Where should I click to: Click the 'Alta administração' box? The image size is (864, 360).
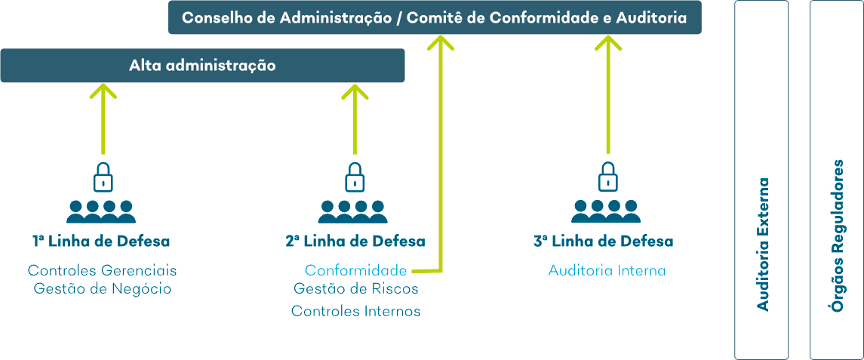tap(203, 66)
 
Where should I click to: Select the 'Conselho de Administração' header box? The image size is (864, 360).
tap(435, 17)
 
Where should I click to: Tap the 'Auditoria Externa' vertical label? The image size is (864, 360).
tap(763, 245)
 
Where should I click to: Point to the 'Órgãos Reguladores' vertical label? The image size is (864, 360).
tap(838, 236)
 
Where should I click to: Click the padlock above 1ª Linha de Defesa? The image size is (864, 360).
tap(102, 177)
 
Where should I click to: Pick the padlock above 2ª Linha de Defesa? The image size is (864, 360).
tap(355, 177)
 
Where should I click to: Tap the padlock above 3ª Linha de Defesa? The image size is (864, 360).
tap(607, 177)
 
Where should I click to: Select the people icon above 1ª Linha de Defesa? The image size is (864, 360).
tap(101, 211)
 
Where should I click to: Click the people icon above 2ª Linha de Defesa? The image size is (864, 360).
tap(353, 211)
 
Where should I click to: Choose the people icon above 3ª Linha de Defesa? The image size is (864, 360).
tap(606, 211)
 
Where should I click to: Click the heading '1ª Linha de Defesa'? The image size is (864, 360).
tap(101, 242)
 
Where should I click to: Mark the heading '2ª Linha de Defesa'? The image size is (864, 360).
tap(355, 242)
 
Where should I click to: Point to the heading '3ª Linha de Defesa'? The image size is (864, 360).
tap(604, 242)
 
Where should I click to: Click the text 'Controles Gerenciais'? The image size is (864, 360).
tap(103, 271)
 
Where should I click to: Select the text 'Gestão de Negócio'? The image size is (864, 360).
tap(103, 289)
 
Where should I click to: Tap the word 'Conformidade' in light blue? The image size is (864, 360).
tap(356, 271)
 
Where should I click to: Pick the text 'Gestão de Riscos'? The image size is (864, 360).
tap(356, 289)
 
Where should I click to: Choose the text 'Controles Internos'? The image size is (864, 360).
tap(356, 311)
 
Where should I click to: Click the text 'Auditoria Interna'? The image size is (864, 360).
tap(607, 271)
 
